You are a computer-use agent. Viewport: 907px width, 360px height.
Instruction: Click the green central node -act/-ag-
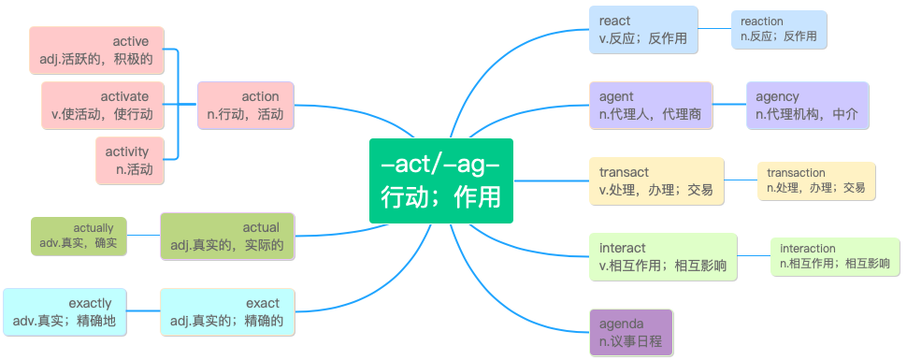[x=441, y=180]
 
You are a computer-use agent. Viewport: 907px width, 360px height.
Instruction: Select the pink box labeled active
[x=96, y=50]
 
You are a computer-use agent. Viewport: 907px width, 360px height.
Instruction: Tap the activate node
[x=102, y=106]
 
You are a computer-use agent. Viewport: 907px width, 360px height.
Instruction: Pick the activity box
[x=130, y=160]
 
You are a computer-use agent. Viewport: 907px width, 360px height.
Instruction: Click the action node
[x=246, y=106]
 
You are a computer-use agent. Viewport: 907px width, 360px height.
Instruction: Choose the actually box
[x=79, y=236]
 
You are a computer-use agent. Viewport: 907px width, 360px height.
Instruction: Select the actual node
[x=227, y=237]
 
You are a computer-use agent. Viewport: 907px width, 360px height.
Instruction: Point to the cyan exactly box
[x=65, y=312]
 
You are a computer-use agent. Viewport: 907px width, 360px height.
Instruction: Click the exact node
[x=227, y=312]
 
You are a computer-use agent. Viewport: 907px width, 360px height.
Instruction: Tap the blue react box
[x=644, y=30]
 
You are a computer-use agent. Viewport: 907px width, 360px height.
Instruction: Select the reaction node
[x=779, y=30]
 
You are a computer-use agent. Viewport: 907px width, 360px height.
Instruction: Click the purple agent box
[x=651, y=106]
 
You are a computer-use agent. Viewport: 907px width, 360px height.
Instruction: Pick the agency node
[x=808, y=106]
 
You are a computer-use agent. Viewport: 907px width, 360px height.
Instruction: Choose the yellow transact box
[x=656, y=181]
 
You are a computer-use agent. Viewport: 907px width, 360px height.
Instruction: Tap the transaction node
[x=816, y=181]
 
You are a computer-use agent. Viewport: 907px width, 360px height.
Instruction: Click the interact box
[x=664, y=257]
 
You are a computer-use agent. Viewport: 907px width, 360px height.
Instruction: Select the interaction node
[x=835, y=257]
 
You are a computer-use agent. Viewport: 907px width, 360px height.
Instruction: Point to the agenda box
[x=631, y=332]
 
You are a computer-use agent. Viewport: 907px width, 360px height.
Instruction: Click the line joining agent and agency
[x=729, y=105]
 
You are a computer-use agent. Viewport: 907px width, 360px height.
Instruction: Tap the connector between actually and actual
[x=143, y=235]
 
